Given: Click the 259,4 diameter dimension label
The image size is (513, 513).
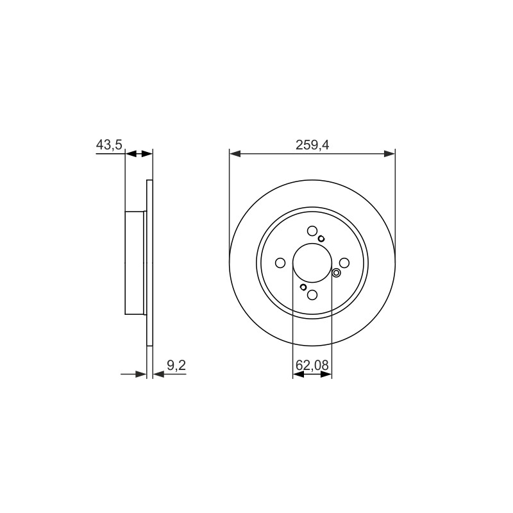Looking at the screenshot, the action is [x=312, y=145].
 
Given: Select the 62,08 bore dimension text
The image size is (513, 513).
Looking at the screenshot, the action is [x=312, y=365].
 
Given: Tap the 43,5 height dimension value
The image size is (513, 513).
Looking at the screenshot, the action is [x=109, y=145].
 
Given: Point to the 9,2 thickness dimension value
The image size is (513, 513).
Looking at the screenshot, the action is [x=176, y=366].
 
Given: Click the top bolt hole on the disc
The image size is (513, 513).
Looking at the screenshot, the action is [x=312, y=231].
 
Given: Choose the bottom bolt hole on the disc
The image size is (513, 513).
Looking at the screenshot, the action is [x=312, y=295].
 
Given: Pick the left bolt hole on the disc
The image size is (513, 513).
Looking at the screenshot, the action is [x=280, y=263].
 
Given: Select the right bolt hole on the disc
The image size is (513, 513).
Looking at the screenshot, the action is [x=344, y=263].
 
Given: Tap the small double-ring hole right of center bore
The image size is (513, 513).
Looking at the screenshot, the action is [x=336, y=273].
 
